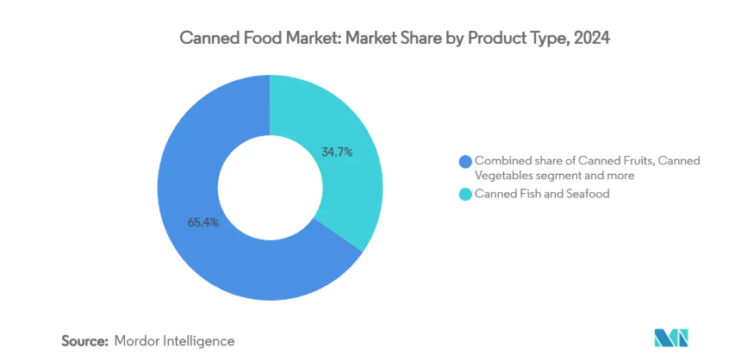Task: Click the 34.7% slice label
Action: [x=337, y=152]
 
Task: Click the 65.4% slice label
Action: [x=203, y=222]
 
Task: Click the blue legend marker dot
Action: [x=466, y=161]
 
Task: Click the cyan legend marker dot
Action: [x=466, y=195]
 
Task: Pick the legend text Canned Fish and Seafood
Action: [x=530, y=195]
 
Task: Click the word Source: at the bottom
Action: [x=84, y=341]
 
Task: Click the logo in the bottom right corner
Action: [x=670, y=338]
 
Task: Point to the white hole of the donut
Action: [x=270, y=188]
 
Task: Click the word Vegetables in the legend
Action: [x=506, y=175]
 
